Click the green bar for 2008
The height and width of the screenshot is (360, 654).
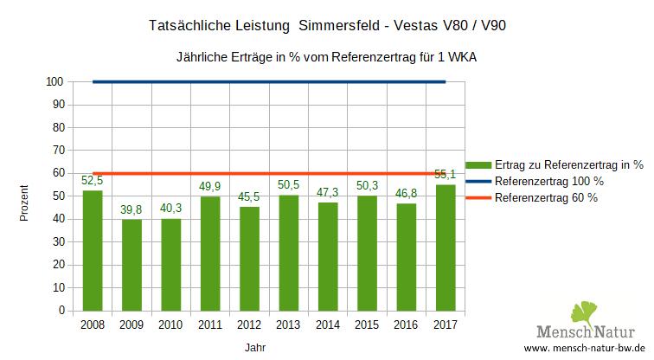point(92,250)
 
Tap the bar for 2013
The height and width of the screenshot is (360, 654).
point(288,253)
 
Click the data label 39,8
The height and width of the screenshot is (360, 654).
point(131,210)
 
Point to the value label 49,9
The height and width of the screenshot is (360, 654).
point(209,187)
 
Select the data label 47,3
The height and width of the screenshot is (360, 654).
point(328,193)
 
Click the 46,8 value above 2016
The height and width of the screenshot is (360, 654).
point(407,194)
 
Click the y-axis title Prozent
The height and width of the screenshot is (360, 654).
point(25,202)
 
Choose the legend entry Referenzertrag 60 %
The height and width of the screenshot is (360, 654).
point(546,198)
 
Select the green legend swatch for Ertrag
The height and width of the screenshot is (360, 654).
point(478,164)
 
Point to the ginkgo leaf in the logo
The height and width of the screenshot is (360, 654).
point(585,312)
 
